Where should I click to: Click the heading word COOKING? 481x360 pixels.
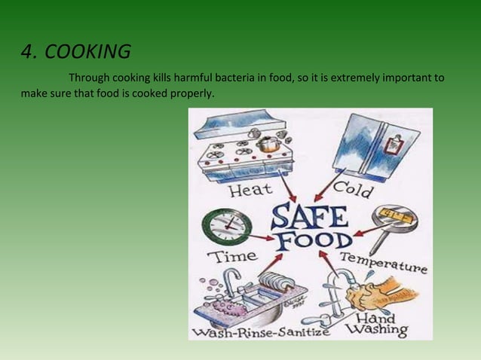[x=87, y=53]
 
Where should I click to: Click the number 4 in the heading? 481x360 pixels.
[x=27, y=53]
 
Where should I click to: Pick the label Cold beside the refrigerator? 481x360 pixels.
[x=352, y=188]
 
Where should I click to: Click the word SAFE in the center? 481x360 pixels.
[x=309, y=216]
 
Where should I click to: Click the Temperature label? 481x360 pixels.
[x=384, y=263]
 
